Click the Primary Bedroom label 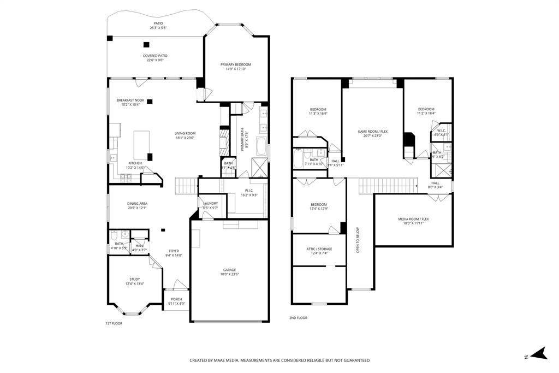click(236, 64)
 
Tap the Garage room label click(229, 270)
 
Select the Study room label click(135, 279)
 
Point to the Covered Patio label click(155, 56)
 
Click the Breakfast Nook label click(130, 100)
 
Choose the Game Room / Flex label click(372, 132)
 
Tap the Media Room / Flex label click(413, 219)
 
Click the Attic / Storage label click(319, 249)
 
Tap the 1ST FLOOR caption click(114, 323)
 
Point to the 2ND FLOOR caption click(298, 317)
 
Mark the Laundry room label click(210, 203)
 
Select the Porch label click(176, 299)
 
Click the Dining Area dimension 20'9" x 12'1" click(137, 208)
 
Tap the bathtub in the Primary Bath click(261, 147)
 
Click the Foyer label click(174, 251)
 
